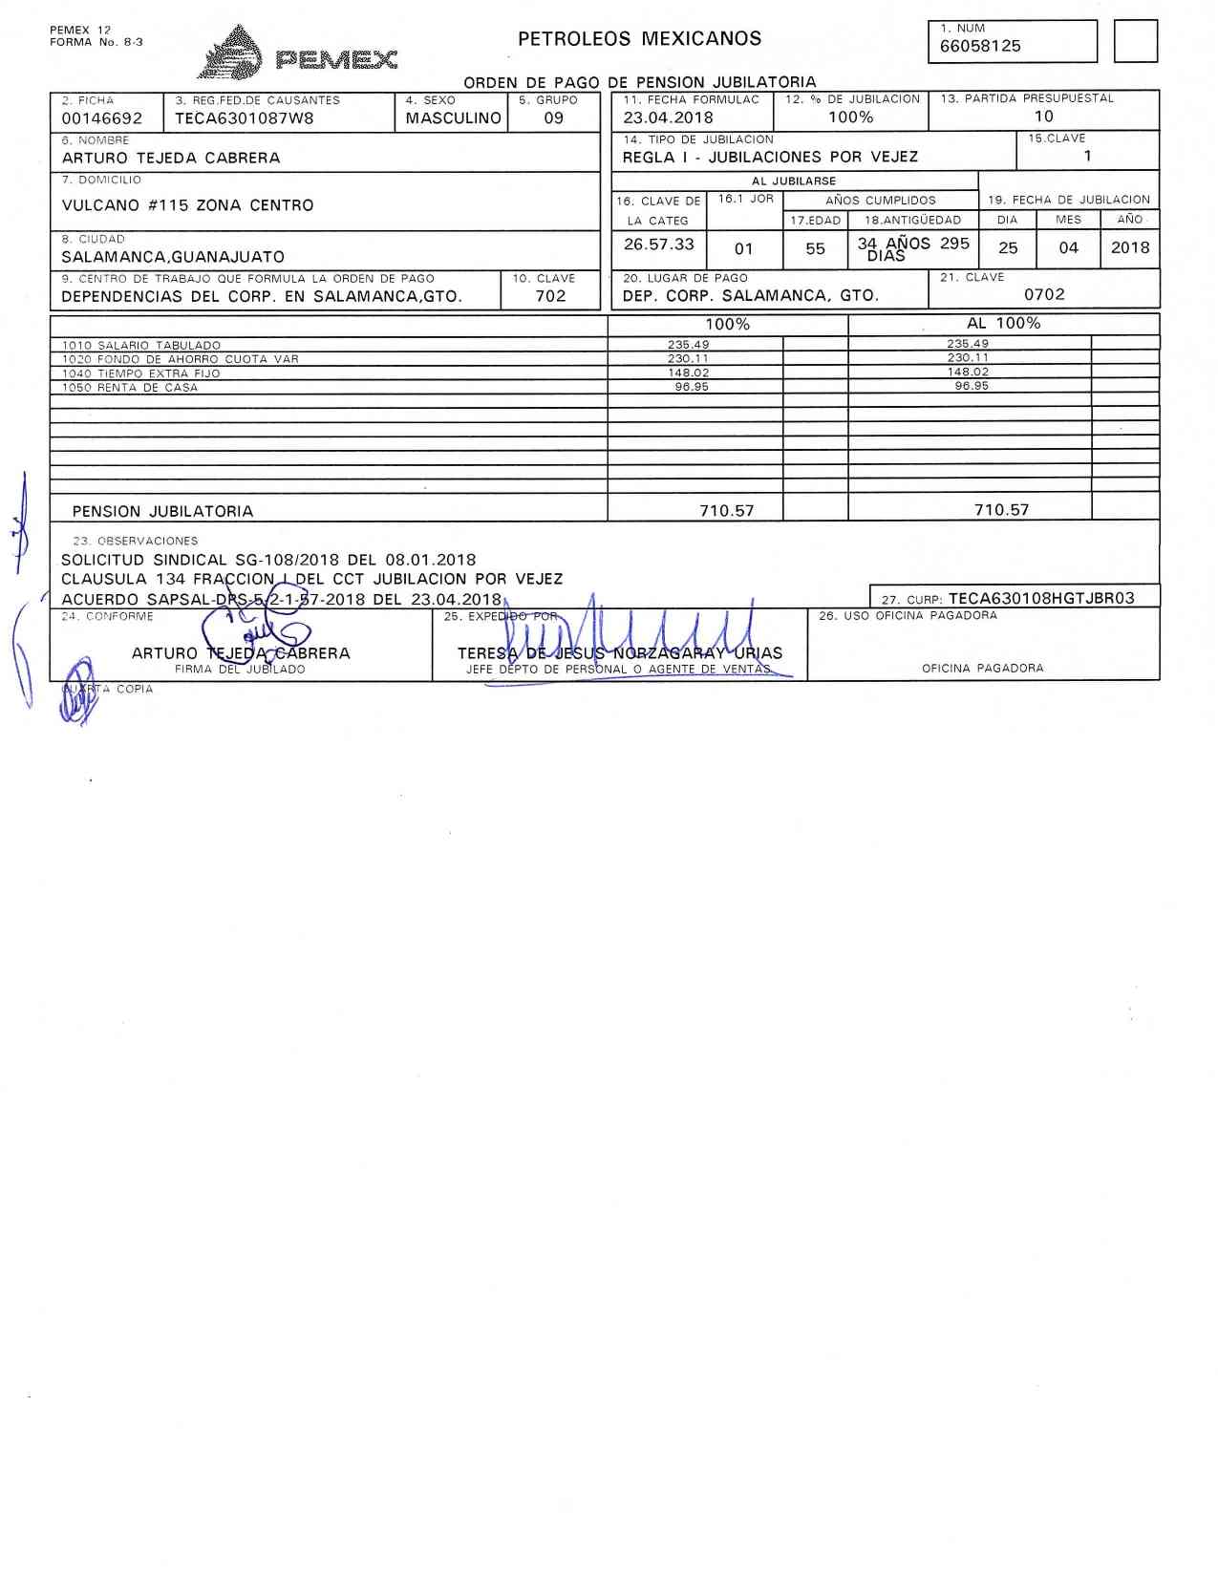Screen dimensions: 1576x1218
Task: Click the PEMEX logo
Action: pyautogui.click(x=297, y=53)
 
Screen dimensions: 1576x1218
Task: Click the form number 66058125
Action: pyautogui.click(x=980, y=46)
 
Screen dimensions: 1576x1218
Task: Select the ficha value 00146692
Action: pyautogui.click(x=102, y=118)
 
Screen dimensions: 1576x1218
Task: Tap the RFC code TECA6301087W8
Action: pyautogui.click(x=244, y=118)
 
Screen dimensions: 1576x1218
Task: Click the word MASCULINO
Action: pyautogui.click(x=453, y=118)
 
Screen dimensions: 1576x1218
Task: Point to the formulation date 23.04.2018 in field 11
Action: pyautogui.click(x=668, y=117)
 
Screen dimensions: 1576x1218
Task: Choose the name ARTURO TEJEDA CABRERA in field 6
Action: pyautogui.click(x=171, y=159)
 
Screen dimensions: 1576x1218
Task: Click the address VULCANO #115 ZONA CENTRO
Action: pyautogui.click(x=187, y=205)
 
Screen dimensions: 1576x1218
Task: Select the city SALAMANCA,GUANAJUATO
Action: pyautogui.click(x=173, y=257)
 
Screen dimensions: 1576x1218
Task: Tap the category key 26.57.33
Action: pyautogui.click(x=658, y=245)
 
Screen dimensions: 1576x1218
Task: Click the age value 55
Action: pyautogui.click(x=815, y=248)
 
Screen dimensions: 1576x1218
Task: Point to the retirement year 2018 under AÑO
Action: pyautogui.click(x=1130, y=247)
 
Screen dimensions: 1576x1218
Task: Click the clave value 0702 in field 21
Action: pyautogui.click(x=1044, y=295)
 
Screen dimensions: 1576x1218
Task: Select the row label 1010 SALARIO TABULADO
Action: pyautogui.click(x=141, y=346)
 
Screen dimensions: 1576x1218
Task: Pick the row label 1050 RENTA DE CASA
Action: pyautogui.click(x=130, y=388)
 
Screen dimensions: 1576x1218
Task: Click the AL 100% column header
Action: pyautogui.click(x=1003, y=324)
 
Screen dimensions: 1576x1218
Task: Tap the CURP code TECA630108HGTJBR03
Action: pyautogui.click(x=1041, y=599)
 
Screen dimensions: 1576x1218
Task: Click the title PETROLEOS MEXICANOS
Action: pyautogui.click(x=639, y=39)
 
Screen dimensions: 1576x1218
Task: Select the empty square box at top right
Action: pyautogui.click(x=1136, y=42)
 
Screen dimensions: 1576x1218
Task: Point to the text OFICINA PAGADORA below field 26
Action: pyautogui.click(x=982, y=669)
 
